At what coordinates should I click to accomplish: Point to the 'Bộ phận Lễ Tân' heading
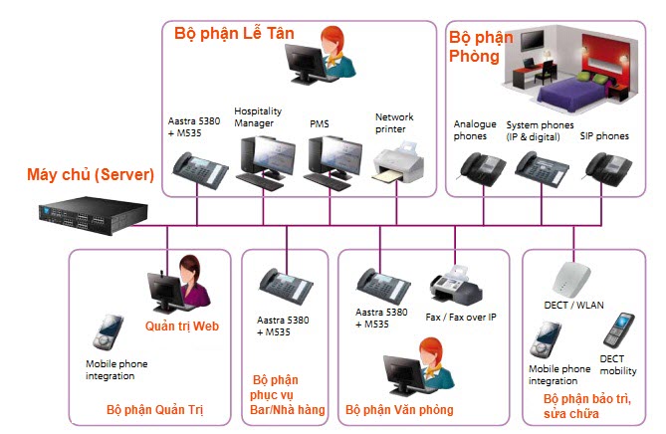click(235, 33)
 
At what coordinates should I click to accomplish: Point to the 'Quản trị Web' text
click(181, 325)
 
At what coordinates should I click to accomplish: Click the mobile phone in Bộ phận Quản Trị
click(109, 333)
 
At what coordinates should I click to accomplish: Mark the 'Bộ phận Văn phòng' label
click(399, 409)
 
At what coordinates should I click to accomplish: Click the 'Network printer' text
click(395, 122)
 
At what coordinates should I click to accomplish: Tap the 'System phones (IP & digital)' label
click(540, 129)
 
